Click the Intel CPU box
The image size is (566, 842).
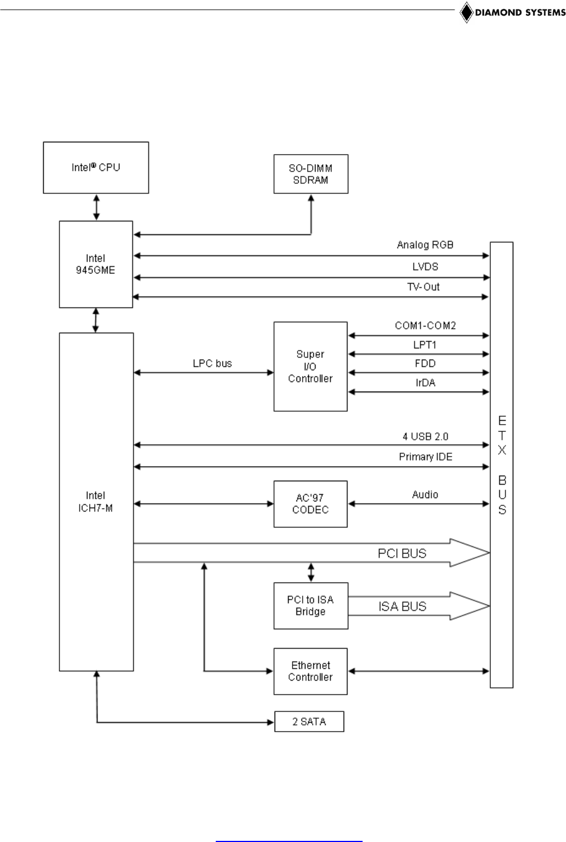coord(96,168)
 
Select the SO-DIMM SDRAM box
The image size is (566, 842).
coord(310,174)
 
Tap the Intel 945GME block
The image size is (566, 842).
coord(96,264)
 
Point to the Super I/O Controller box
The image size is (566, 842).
coord(310,366)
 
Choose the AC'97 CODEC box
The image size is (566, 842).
coord(310,504)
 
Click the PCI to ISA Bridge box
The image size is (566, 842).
coord(310,606)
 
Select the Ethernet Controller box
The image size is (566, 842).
coord(310,671)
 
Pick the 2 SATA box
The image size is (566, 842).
coord(309,722)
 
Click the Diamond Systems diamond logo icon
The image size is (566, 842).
coord(466,12)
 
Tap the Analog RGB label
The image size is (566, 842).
coord(425,245)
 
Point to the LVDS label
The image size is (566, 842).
coord(425,267)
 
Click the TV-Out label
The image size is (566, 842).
coord(423,287)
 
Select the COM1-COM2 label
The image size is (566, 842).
coord(425,325)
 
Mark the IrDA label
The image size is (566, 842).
coord(425,383)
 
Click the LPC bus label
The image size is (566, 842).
coord(212,364)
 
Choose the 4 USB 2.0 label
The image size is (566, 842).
coord(425,436)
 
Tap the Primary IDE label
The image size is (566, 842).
coord(425,457)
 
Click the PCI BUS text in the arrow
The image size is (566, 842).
coord(402,553)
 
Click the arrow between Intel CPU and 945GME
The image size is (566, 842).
coord(96,207)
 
